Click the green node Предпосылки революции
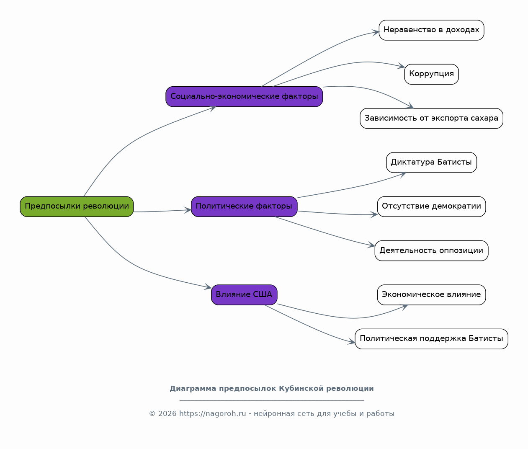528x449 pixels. click(x=77, y=206)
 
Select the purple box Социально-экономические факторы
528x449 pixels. click(x=244, y=97)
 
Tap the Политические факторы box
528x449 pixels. click(x=244, y=206)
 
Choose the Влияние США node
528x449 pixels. click(x=244, y=294)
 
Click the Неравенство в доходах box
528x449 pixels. click(x=431, y=30)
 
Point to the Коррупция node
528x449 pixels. click(x=431, y=74)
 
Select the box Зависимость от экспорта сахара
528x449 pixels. click(x=431, y=118)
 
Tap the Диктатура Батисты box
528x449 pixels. click(x=431, y=163)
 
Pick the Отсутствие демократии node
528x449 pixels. click(x=431, y=206)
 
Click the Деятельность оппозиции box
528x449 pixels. click(x=431, y=251)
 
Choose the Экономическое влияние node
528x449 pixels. click(x=431, y=294)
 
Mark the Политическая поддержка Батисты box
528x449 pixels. click(x=431, y=339)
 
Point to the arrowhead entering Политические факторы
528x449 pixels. click(x=188, y=210)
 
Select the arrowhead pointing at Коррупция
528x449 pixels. click(x=401, y=66)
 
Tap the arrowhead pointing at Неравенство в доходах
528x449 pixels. click(x=376, y=33)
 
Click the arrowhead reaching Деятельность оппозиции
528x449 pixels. click(x=371, y=245)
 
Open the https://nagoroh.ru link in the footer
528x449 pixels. click(x=213, y=413)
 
